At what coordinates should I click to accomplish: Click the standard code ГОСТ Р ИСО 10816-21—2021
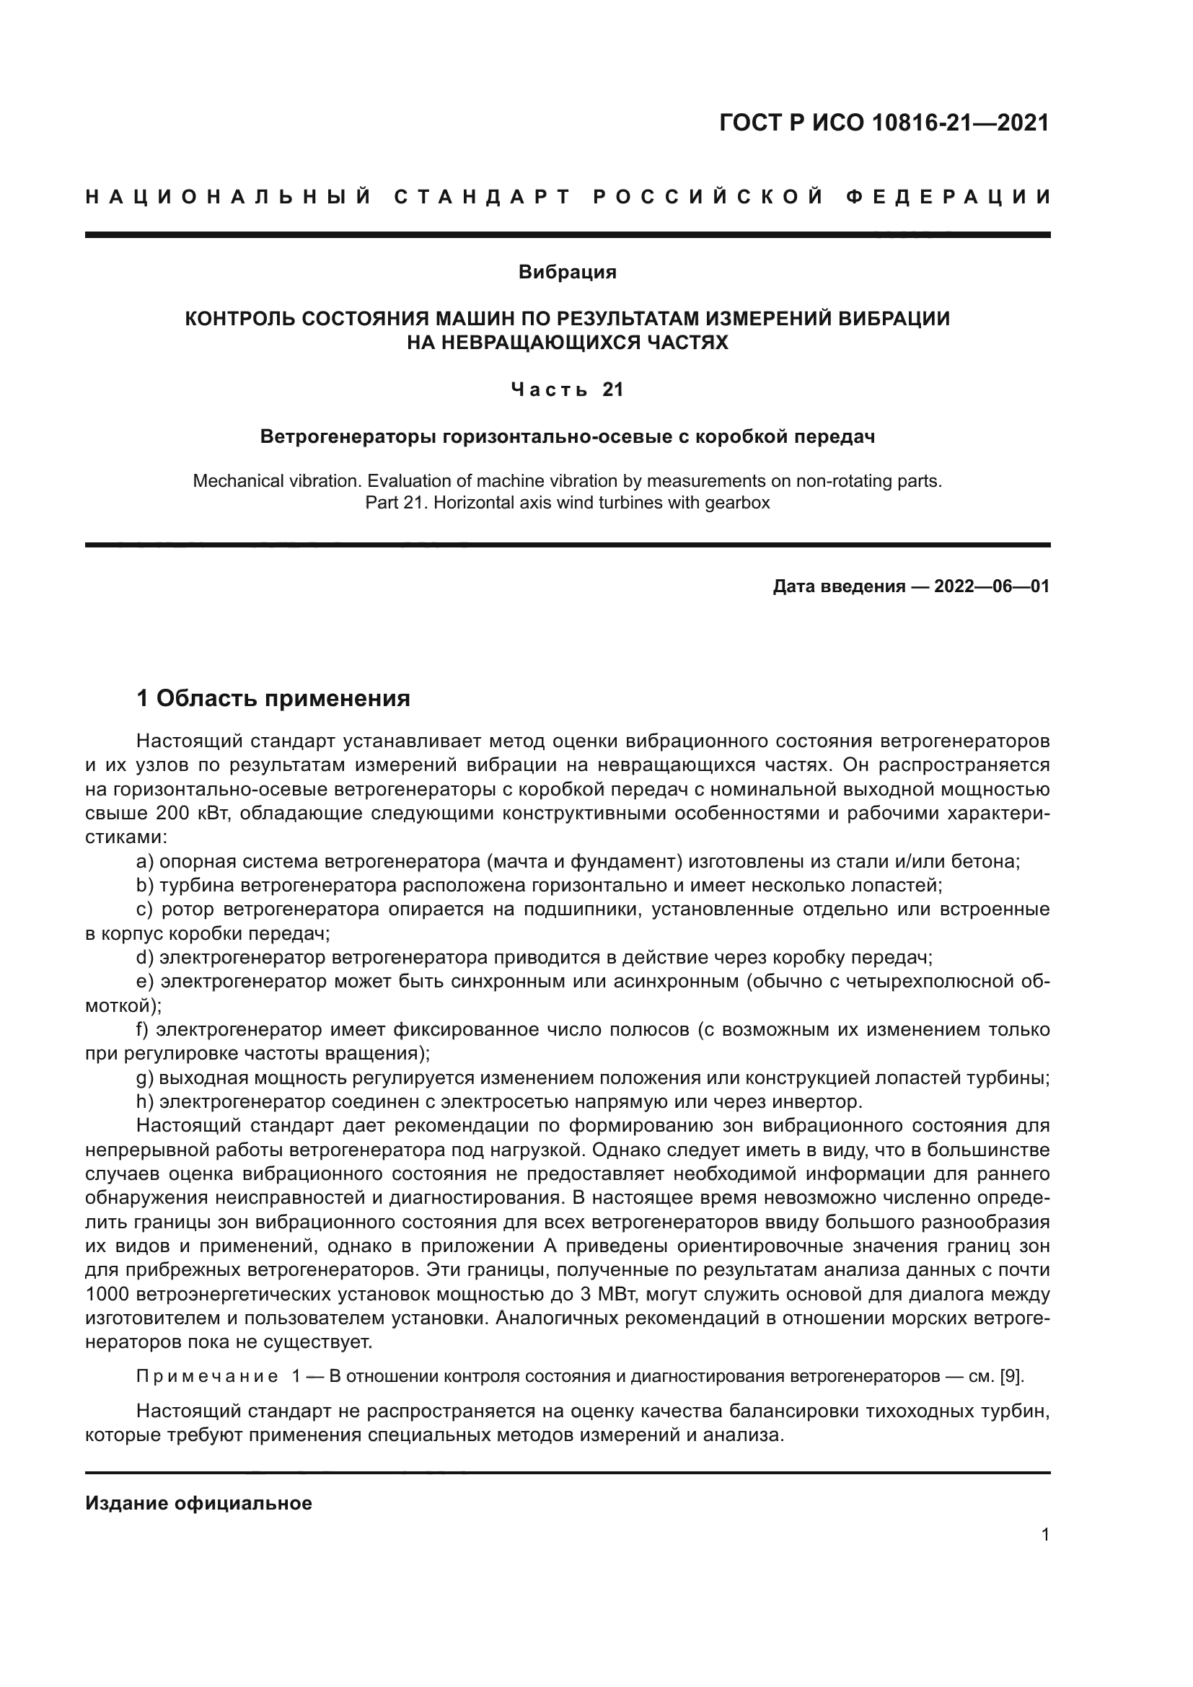884,123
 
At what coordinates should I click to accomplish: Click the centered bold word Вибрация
567,273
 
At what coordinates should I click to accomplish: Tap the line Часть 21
567,390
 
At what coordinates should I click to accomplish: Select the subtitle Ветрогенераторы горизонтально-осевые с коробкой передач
567,437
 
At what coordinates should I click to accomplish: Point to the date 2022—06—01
991,586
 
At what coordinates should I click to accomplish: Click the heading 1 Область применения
273,698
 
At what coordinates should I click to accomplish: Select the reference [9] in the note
1011,1376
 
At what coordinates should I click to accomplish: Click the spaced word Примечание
208,1376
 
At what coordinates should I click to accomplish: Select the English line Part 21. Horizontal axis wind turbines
567,504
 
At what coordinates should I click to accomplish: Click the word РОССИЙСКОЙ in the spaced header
708,197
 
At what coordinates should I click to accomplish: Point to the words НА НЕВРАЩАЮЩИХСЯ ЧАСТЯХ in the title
567,343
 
